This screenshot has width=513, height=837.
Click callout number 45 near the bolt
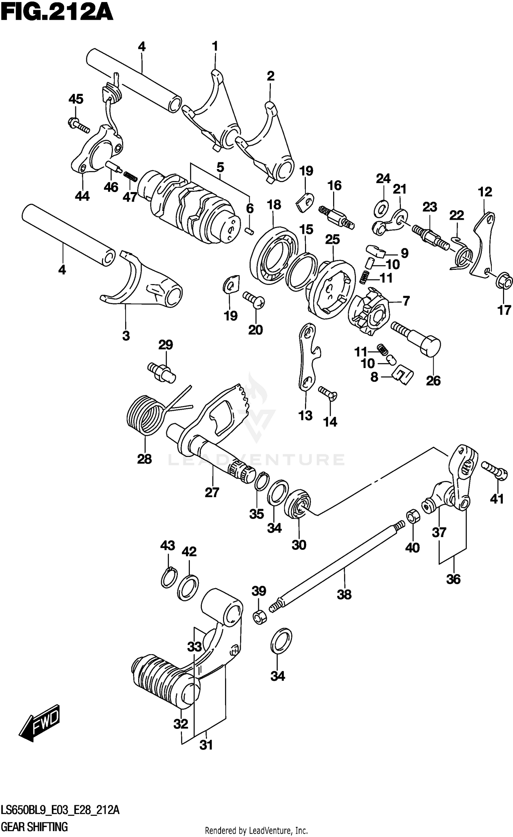(76, 99)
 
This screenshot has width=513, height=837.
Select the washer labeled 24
(382, 208)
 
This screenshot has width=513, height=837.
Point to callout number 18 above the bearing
(274, 205)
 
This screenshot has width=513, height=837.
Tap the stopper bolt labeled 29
(163, 372)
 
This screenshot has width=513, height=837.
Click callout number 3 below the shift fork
(126, 336)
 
